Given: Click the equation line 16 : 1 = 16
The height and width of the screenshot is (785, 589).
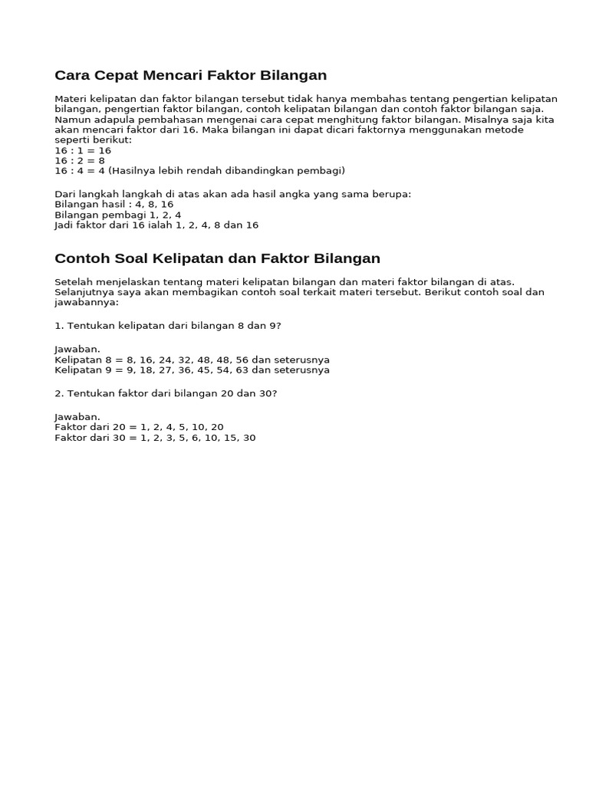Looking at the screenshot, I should pyautogui.click(x=83, y=150).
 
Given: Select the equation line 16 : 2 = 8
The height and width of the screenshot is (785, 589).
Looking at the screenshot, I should pyautogui.click(x=80, y=160).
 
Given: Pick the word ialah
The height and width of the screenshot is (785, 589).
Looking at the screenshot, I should pyautogui.click(x=161, y=225).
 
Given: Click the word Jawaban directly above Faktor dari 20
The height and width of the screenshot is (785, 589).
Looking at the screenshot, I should pyautogui.click(x=77, y=417).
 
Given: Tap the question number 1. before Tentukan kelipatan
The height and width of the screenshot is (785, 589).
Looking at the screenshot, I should pyautogui.click(x=59, y=326).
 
